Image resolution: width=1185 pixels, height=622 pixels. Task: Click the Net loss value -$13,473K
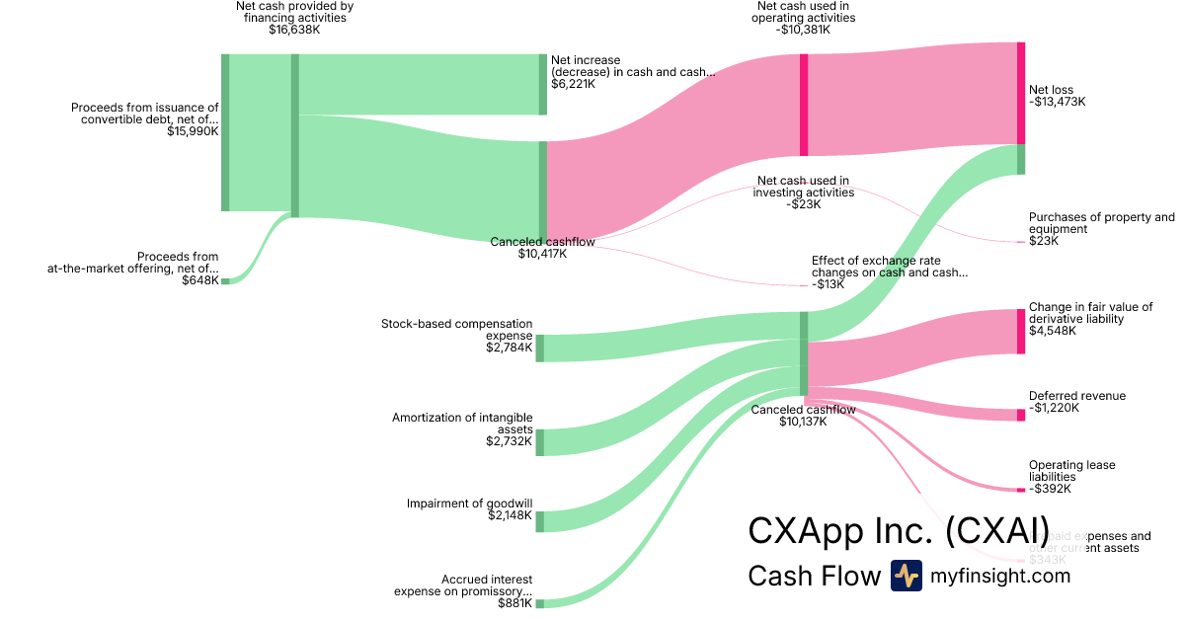click(x=1058, y=102)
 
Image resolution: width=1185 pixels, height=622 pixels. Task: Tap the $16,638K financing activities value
click(x=294, y=30)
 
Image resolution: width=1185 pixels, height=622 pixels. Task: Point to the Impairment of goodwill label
click(x=469, y=504)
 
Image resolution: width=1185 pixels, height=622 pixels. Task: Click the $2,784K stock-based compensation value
click(x=509, y=348)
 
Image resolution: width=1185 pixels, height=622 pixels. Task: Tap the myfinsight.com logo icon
click(x=906, y=576)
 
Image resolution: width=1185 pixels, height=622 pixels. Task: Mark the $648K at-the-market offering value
click(x=200, y=280)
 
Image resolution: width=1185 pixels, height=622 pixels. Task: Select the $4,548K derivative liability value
click(x=1053, y=331)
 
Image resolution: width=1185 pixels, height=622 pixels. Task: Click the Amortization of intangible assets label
click(x=462, y=424)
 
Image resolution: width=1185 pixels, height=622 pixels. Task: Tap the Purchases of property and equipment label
click(x=1101, y=223)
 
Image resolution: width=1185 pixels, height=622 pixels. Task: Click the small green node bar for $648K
click(x=225, y=281)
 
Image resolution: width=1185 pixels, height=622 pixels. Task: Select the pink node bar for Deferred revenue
click(x=1021, y=415)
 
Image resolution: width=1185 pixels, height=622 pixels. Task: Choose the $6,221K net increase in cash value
click(x=573, y=85)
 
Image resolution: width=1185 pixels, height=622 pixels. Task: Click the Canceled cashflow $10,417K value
click(x=542, y=254)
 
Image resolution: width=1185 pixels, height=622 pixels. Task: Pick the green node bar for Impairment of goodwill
click(x=540, y=521)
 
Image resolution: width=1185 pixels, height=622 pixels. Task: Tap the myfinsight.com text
click(x=1000, y=576)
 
